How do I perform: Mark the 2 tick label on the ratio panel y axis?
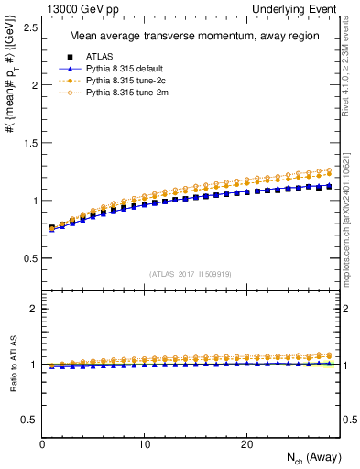pyautogui.click(x=32, y=309)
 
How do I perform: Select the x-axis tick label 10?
pyautogui.click(x=144, y=443)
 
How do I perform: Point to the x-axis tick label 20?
pyautogui.click(x=245, y=443)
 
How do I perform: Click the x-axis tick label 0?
pyautogui.click(x=42, y=443)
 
